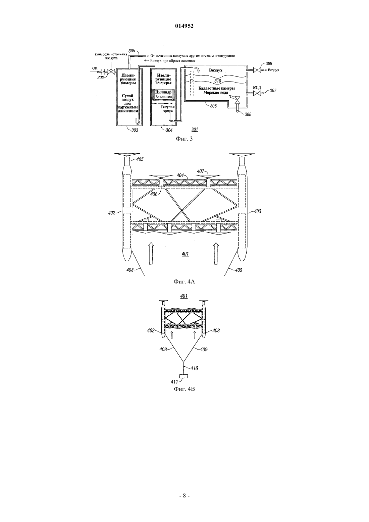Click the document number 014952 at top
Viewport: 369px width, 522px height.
click(184, 26)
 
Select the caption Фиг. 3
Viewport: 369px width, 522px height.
click(184, 139)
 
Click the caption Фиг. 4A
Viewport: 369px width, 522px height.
click(184, 281)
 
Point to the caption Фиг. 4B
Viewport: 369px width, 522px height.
click(184, 389)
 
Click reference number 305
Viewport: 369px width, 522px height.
click(132, 51)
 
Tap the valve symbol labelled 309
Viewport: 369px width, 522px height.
click(257, 70)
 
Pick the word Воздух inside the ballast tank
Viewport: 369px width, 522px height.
click(215, 70)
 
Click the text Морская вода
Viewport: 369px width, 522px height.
click(216, 93)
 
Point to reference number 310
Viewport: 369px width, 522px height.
click(218, 81)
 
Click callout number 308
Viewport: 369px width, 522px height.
click(248, 114)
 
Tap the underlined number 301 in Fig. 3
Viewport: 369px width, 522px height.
click(195, 129)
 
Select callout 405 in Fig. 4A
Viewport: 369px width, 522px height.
click(140, 159)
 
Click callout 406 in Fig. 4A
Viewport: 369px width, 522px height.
click(154, 194)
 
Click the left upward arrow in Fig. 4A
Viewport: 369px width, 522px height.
click(151, 253)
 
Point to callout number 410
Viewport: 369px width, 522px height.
click(194, 368)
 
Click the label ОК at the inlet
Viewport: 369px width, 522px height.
click(95, 68)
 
